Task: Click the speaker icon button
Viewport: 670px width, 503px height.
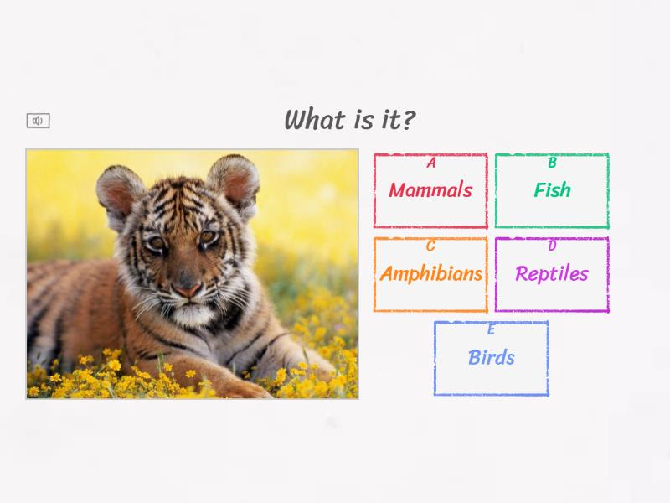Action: pos(38,121)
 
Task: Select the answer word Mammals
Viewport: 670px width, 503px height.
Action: pos(430,190)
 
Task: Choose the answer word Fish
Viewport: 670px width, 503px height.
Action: pos(552,190)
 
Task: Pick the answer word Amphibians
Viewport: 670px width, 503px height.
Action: pos(430,274)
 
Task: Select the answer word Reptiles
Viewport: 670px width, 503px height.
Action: pos(552,274)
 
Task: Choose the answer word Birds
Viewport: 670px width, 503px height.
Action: pos(491,358)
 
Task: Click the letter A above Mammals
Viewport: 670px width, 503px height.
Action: pos(430,163)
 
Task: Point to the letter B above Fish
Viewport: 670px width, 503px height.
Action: pos(552,163)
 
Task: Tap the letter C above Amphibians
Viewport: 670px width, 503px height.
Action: pos(430,246)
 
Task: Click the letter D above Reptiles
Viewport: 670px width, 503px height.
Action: pos(552,246)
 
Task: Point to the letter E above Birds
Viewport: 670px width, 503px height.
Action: pos(491,329)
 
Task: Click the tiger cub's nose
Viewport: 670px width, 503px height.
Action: pos(188,289)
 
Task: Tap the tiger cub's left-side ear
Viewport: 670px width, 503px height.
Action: pos(120,189)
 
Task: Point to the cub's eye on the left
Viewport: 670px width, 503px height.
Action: pos(157,243)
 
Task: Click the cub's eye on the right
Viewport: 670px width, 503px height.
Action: pos(207,237)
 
